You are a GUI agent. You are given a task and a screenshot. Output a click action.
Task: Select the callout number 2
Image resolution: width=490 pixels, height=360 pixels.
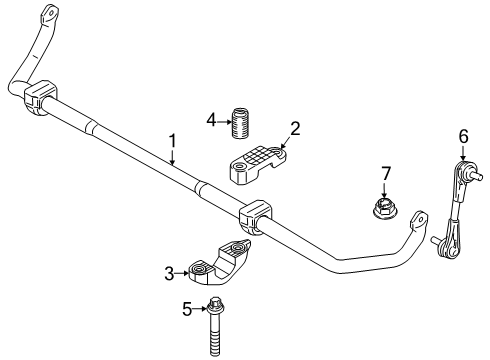click(295, 127)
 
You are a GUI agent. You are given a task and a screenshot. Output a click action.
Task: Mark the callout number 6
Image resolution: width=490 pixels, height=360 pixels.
click(463, 136)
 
